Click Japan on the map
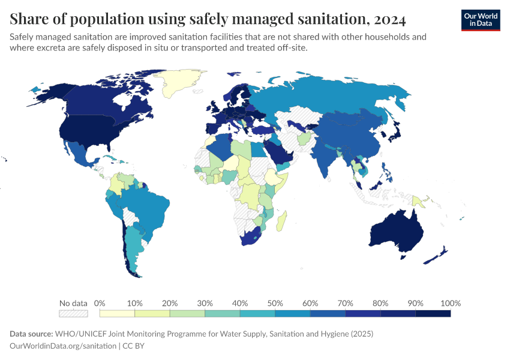pyautogui.click(x=394, y=134)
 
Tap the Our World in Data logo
pyautogui.click(x=481, y=20)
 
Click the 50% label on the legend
pyautogui.click(x=275, y=303)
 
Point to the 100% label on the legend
pyautogui.click(x=450, y=303)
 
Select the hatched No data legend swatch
pyautogui.click(x=73, y=313)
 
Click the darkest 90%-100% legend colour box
pyautogui.click(x=433, y=313)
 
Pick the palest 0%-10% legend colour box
pyautogui.click(x=117, y=313)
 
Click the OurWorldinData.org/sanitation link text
pyautogui.click(x=64, y=346)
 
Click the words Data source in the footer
pyautogui.click(x=31, y=334)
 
